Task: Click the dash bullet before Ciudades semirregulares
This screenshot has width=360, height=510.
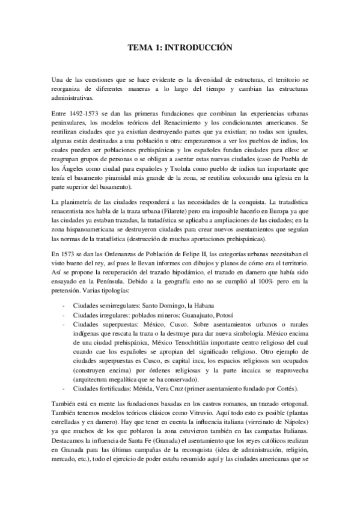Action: coord(64,306)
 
